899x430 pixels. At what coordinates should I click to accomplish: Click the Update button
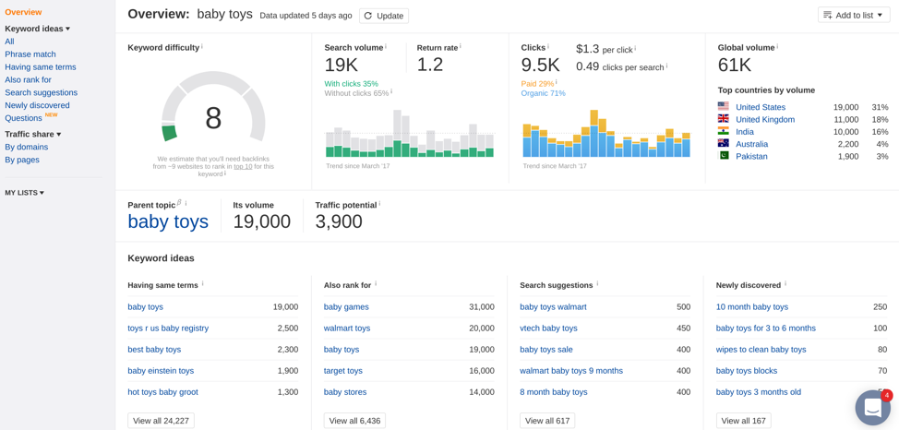point(384,16)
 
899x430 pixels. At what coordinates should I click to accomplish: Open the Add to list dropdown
point(854,16)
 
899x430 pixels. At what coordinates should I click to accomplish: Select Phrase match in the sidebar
point(30,54)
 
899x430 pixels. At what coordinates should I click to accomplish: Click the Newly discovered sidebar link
point(37,105)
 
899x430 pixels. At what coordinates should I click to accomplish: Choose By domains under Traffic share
point(27,147)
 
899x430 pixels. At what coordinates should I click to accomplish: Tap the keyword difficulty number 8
point(212,119)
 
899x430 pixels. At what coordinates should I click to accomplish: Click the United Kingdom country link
point(765,120)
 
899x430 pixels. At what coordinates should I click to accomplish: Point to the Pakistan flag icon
point(723,156)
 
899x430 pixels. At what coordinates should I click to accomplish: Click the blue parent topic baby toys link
point(168,221)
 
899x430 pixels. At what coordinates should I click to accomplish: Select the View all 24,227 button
point(162,421)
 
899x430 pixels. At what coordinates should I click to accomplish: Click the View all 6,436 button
point(354,421)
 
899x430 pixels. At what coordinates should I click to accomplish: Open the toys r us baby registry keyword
point(168,328)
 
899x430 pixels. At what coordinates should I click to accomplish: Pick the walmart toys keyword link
point(347,328)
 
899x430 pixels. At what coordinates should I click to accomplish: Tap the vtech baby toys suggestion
point(548,328)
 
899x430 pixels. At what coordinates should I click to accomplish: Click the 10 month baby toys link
point(752,307)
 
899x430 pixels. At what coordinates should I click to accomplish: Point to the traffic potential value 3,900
point(339,221)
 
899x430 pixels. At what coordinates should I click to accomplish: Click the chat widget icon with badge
point(872,408)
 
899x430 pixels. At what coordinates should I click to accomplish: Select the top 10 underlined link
point(243,167)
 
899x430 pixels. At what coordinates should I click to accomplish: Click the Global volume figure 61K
point(735,66)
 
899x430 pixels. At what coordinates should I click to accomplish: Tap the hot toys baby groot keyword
point(162,392)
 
